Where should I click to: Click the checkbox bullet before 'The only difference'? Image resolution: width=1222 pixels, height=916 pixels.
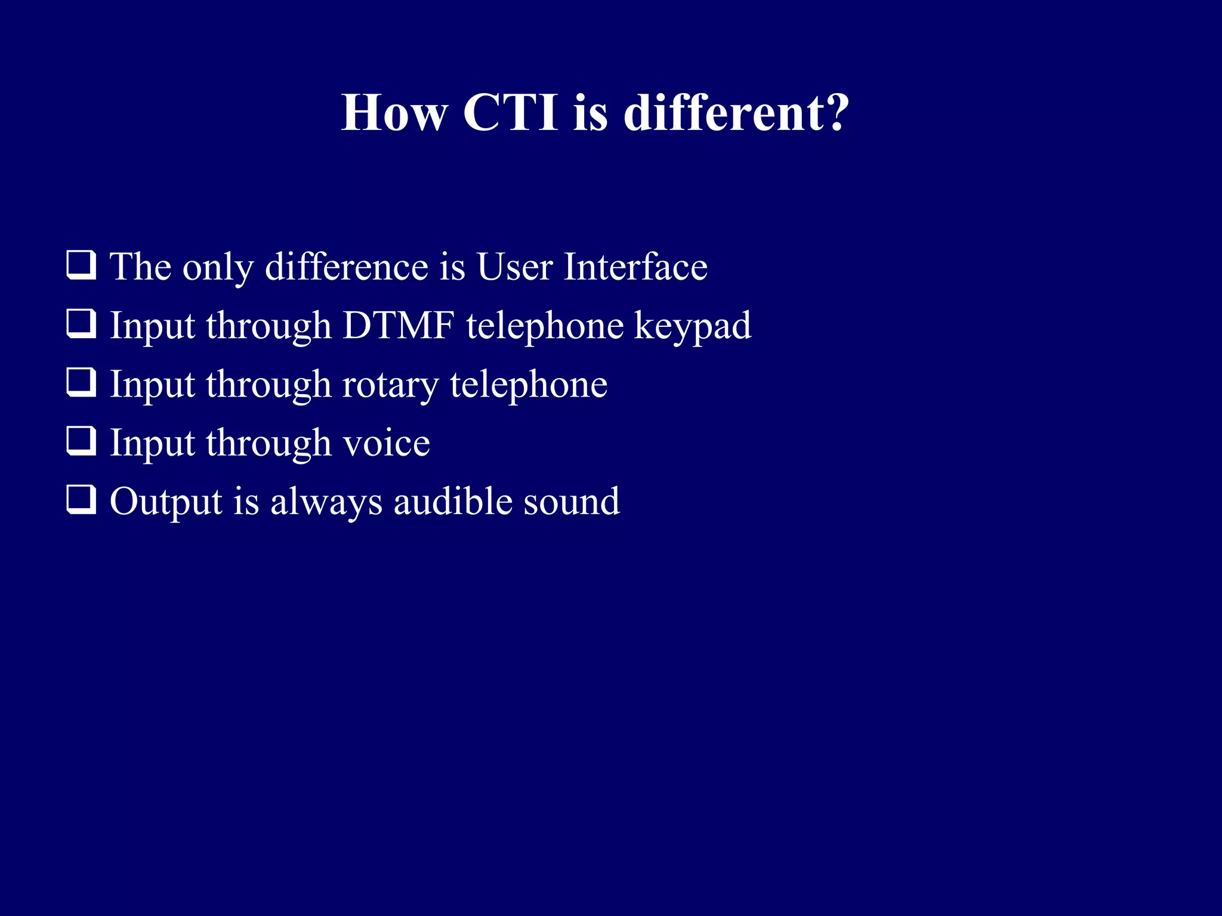[81, 265]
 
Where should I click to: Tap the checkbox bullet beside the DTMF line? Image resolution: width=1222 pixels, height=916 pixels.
[81, 324]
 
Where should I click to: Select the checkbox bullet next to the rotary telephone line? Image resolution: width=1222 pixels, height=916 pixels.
[81, 382]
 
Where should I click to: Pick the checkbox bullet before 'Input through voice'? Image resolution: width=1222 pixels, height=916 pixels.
[81, 441]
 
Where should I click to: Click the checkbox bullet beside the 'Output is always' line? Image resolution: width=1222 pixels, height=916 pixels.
[81, 500]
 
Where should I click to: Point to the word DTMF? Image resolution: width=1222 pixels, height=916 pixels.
[399, 326]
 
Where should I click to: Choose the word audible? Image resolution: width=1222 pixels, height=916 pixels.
[453, 501]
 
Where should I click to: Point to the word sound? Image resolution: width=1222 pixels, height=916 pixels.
[572, 501]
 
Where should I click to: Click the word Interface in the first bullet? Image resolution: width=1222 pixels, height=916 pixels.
[635, 267]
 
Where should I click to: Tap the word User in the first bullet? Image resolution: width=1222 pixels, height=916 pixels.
[514, 267]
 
